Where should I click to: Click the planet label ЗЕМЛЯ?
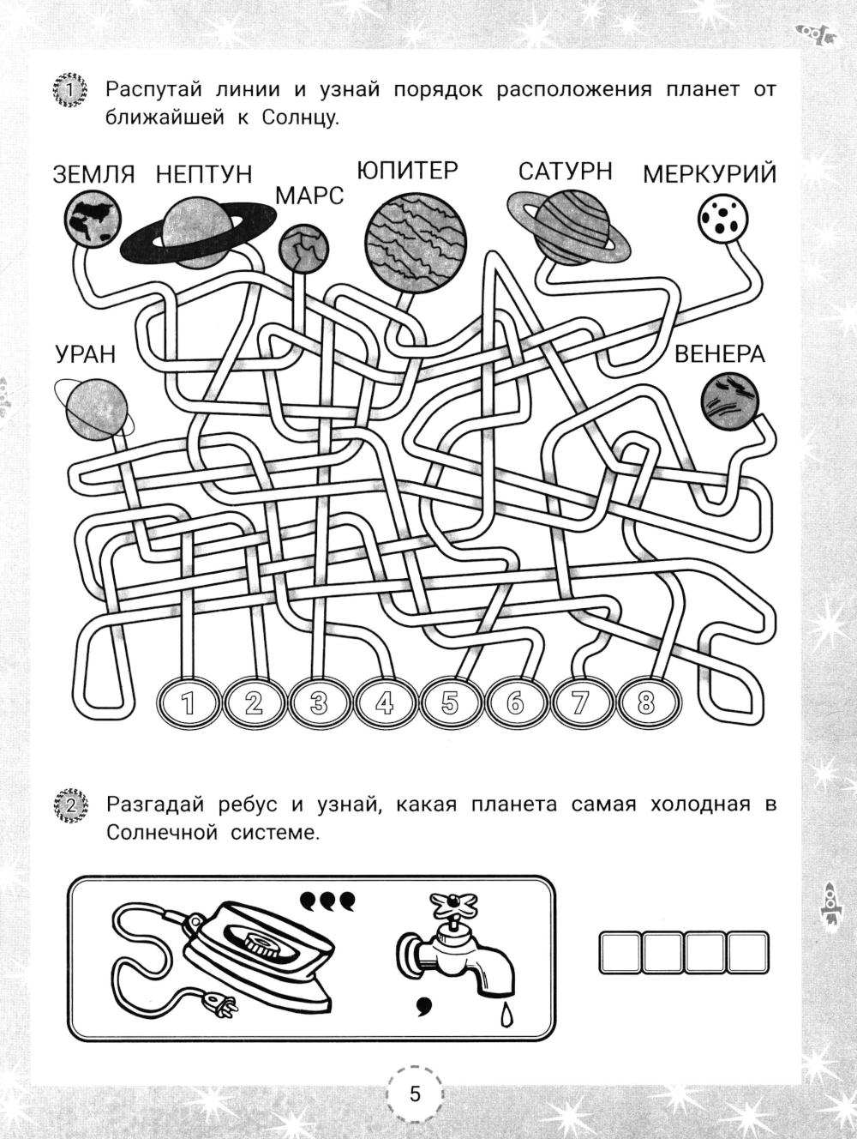pos(94,174)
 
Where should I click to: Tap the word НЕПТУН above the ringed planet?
pos(204,174)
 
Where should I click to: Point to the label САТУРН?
pos(565,171)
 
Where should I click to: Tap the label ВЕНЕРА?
pos(720,354)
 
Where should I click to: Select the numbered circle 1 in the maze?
pos(189,704)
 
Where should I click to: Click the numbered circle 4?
pos(385,704)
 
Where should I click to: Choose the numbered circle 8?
pos(646,704)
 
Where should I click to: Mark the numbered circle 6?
pos(515,704)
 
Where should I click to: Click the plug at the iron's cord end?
pos(220,1008)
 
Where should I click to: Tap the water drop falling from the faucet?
pos(505,1015)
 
